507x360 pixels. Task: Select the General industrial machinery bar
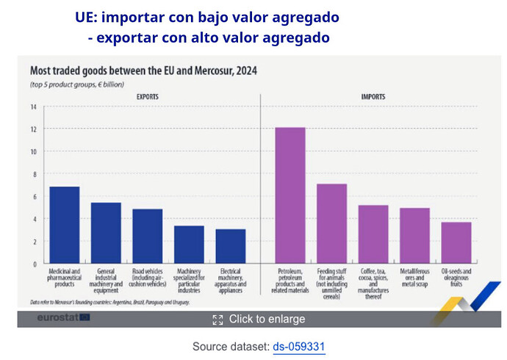[106, 233]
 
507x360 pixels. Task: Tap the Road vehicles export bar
[147, 236]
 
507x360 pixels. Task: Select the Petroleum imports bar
[290, 195]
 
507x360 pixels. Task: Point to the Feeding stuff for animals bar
[331, 223]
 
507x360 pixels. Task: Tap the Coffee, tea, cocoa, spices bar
[373, 234]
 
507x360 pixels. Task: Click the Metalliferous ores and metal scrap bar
[414, 235]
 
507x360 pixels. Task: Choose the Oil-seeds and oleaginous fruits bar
[456, 242]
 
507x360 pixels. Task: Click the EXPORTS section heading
[147, 97]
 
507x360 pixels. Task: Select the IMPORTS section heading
[373, 97]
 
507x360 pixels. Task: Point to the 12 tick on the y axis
[33, 129]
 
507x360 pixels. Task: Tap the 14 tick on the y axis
[33, 107]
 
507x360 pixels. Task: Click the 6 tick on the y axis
[33, 196]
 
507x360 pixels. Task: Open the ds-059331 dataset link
[298, 346]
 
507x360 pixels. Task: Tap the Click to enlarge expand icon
[217, 319]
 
